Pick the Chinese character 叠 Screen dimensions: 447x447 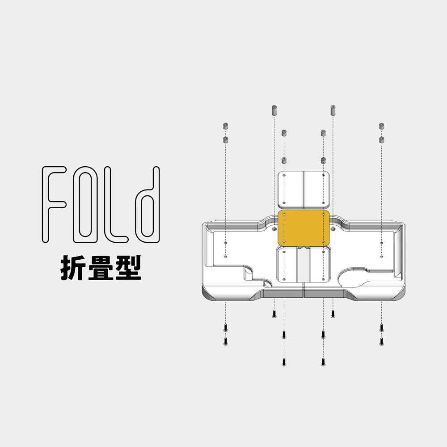(101, 267)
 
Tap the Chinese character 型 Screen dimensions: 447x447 (129, 267)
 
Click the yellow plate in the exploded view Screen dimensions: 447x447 (304, 227)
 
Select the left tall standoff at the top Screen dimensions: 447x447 (274, 110)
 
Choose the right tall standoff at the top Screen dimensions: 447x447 (333, 110)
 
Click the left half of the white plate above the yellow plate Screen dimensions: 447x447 (291, 189)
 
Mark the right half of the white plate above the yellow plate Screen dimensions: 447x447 (316, 189)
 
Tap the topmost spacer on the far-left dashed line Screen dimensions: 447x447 (225, 126)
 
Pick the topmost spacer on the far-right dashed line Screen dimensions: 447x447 (382, 126)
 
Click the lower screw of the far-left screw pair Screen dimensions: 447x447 (225, 341)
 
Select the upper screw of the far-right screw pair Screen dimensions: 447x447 (381, 328)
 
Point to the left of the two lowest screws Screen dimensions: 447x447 (284, 362)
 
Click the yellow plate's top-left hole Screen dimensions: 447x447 (284, 214)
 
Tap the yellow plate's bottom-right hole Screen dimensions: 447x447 (323, 242)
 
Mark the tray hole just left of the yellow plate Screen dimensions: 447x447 (274, 229)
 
